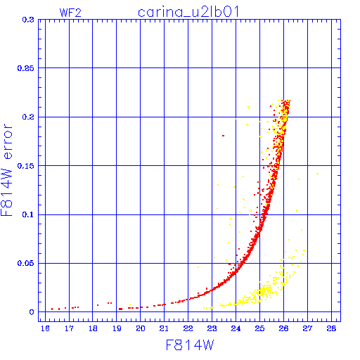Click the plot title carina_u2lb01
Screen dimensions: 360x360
188,12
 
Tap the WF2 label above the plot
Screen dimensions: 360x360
70,13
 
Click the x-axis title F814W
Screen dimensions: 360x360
190,345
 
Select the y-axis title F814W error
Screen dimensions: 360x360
6,169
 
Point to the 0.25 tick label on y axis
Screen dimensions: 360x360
25,68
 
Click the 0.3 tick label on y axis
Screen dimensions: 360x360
28,20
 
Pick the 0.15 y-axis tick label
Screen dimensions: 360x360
25,166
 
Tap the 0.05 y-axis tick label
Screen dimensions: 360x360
25,263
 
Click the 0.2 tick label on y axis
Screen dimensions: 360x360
28,117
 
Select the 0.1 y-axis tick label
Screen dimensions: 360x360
28,214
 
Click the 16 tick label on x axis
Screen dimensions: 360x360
45,328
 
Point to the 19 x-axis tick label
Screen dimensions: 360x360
117,328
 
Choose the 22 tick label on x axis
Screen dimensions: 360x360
188,328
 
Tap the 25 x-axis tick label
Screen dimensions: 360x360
259,328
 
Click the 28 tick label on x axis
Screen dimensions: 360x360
331,328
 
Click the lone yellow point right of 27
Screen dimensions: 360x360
318,174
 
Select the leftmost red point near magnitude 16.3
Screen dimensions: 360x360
52,309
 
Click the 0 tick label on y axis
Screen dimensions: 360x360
32,312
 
